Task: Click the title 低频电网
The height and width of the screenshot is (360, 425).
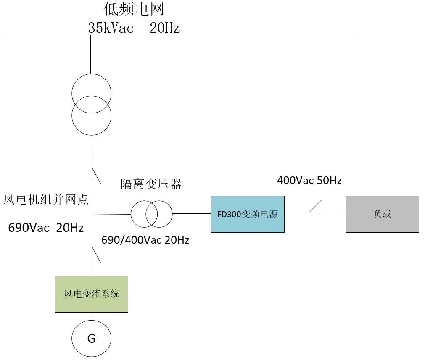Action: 134,9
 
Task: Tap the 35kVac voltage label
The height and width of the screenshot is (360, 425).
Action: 111,28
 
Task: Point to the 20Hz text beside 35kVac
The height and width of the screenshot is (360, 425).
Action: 165,28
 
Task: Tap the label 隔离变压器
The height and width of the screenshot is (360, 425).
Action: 151,184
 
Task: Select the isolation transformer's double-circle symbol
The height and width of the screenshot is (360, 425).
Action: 151,214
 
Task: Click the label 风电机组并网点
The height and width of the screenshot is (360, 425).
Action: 46,199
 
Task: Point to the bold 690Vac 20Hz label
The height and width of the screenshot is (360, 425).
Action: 46,228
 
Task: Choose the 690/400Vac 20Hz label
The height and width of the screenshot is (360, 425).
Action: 145,240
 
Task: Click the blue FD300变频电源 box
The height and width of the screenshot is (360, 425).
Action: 248,214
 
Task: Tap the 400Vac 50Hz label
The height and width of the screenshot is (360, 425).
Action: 309,181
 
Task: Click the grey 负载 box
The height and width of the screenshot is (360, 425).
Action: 382,214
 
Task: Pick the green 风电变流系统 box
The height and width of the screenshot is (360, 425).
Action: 91,294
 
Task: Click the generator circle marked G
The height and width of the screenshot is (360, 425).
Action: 91,338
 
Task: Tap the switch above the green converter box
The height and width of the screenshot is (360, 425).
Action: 96,254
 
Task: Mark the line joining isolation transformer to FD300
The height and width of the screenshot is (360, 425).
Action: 191,214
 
